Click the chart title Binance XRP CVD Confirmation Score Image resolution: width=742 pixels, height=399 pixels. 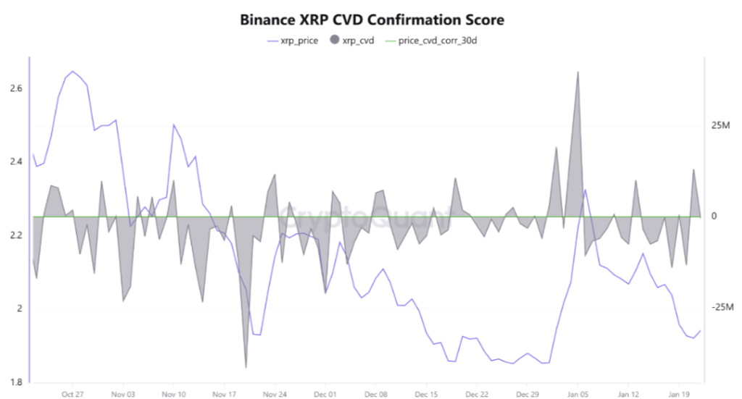click(372, 20)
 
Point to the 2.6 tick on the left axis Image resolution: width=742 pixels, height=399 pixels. click(16, 88)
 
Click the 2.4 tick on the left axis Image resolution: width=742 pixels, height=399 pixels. click(16, 162)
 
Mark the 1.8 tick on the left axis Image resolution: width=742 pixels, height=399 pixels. click(16, 382)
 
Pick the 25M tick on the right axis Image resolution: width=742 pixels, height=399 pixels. click(720, 126)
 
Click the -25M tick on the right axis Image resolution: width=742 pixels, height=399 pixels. click(722, 308)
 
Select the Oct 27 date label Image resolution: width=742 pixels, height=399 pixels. click(72, 394)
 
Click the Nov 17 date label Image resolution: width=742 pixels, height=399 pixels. click(224, 394)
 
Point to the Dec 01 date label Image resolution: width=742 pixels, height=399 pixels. click(325, 394)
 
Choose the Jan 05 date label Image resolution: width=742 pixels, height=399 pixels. click(578, 394)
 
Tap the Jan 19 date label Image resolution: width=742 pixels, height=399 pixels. click(679, 394)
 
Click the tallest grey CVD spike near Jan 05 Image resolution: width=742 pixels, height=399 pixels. click(578, 72)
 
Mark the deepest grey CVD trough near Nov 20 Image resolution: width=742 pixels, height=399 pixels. click(246, 367)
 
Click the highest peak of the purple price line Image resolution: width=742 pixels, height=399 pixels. click(72, 71)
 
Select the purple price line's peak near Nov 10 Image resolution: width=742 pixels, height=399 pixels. click(174, 125)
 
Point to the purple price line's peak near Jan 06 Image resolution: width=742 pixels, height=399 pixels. click(585, 190)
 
